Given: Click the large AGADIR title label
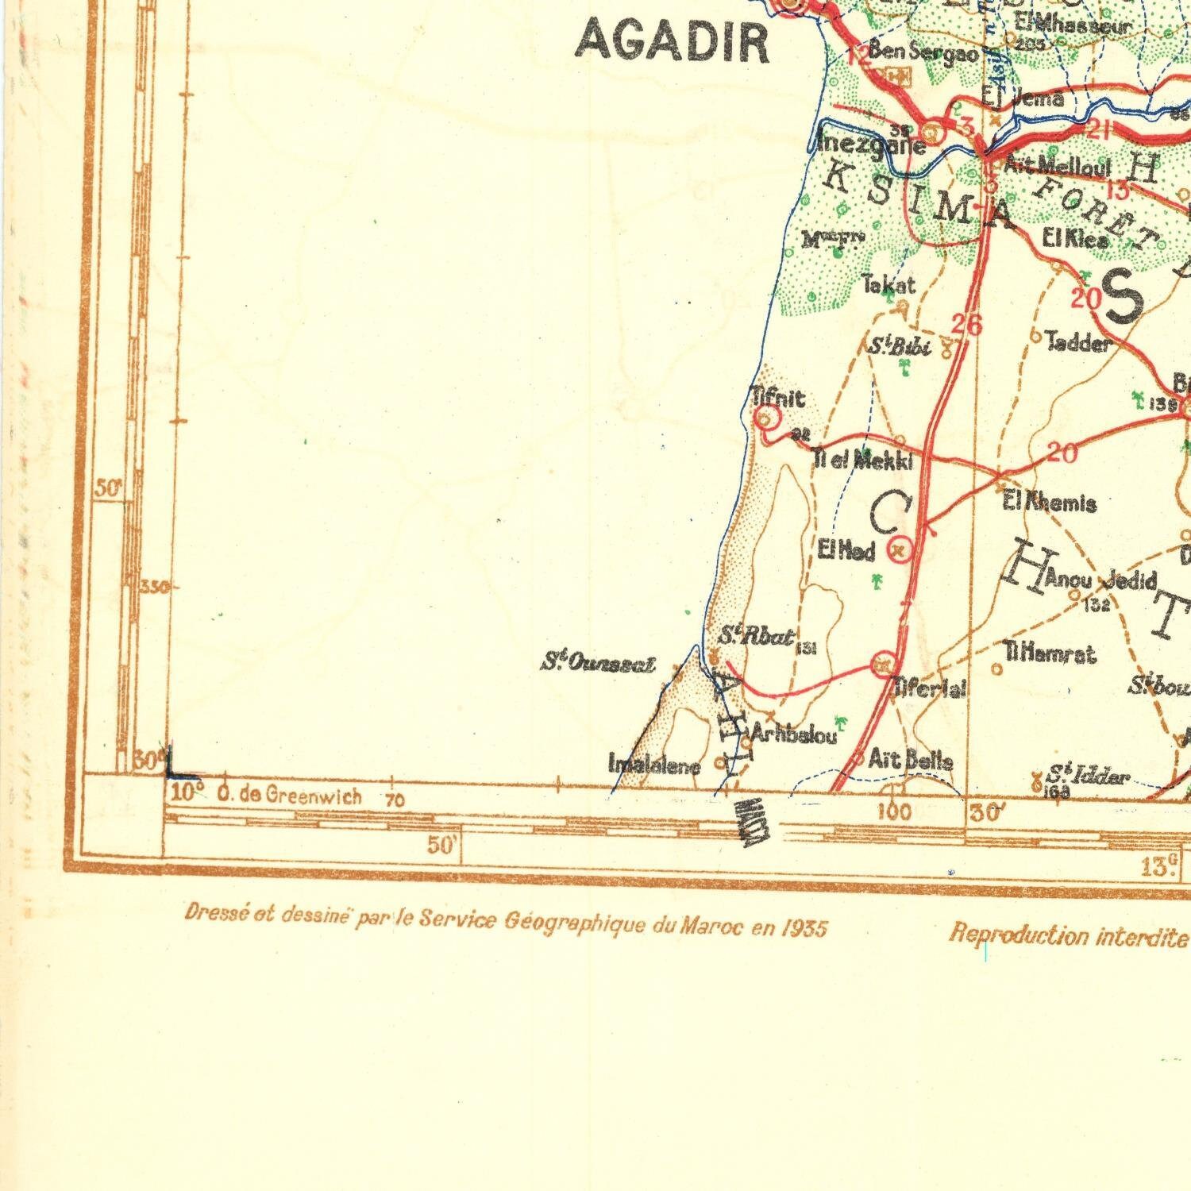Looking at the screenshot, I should [x=673, y=42].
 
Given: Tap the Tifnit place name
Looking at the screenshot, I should [x=778, y=397].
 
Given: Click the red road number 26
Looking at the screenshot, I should [x=966, y=324].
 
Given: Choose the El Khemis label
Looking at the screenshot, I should [x=1050, y=503].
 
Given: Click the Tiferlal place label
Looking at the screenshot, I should [x=931, y=688].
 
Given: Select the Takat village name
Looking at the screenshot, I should [x=889, y=284].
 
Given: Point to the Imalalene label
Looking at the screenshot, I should [x=654, y=766].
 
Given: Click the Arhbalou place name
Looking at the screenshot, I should [x=794, y=734].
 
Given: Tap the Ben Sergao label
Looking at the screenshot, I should [x=923, y=52].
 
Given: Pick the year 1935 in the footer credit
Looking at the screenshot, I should [x=804, y=928].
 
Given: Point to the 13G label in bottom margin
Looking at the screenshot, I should [x=1160, y=865].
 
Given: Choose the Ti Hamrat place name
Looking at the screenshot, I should [x=1050, y=654].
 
